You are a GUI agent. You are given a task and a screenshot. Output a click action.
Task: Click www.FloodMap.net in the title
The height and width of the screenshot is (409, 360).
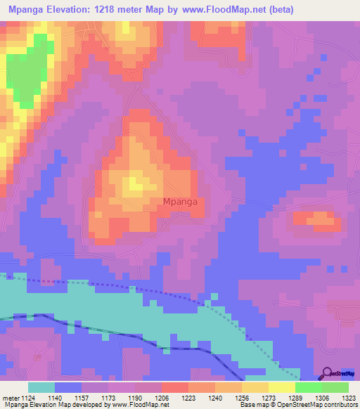[x=217, y=10]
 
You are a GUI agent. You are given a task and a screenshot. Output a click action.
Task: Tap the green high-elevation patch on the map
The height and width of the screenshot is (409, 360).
[x=28, y=70]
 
